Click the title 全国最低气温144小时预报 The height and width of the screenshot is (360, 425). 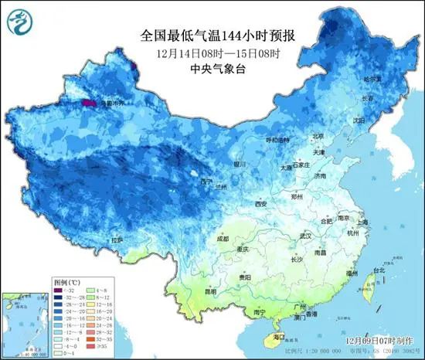[219, 36]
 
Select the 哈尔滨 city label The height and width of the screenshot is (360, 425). [372, 80]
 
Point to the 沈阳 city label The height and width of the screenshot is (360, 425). [358, 121]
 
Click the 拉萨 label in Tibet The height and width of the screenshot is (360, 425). [117, 240]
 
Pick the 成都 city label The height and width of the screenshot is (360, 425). [223, 239]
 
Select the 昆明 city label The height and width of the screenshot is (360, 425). [210, 292]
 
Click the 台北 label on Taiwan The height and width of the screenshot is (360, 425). [379, 270]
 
